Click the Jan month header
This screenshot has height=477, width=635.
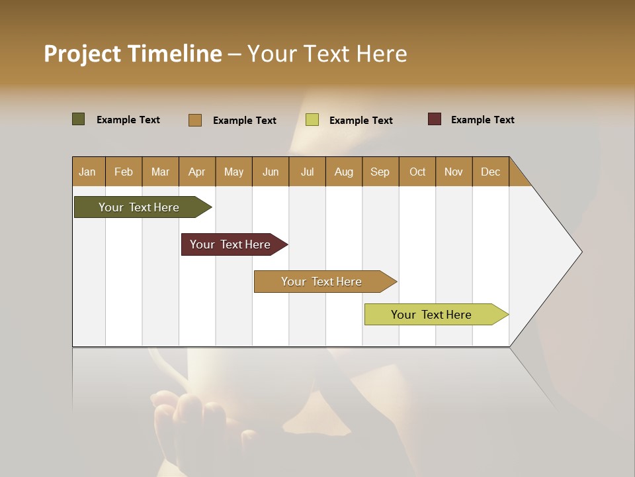(x=88, y=172)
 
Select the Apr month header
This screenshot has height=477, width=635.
(x=197, y=172)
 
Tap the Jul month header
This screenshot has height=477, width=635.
(x=307, y=172)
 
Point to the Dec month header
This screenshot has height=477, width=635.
(x=490, y=172)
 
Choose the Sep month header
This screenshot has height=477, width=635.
(x=380, y=172)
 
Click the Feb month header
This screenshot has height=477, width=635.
(x=124, y=172)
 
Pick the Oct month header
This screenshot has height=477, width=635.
(x=417, y=172)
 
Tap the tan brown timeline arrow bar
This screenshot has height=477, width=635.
(x=322, y=282)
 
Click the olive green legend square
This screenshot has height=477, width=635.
(x=79, y=119)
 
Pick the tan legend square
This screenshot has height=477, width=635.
(x=195, y=120)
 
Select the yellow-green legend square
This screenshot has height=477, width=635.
(x=312, y=120)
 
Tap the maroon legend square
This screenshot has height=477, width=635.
(x=435, y=119)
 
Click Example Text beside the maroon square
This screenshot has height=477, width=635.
(x=482, y=120)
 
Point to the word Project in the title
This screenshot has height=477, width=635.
(x=82, y=54)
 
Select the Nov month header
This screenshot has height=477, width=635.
(x=454, y=172)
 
